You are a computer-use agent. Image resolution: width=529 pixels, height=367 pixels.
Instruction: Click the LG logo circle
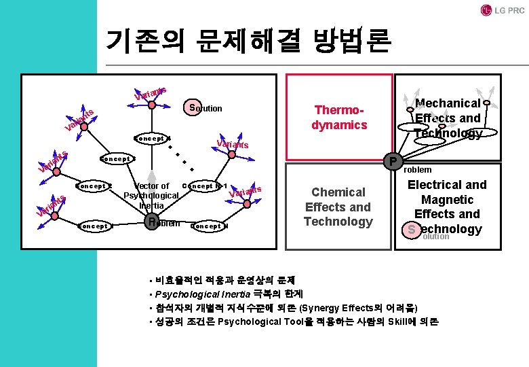tap(486, 10)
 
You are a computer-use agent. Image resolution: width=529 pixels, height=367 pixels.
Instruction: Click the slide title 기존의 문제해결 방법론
tap(248, 41)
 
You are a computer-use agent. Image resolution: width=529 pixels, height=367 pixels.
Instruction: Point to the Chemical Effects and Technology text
tap(338, 207)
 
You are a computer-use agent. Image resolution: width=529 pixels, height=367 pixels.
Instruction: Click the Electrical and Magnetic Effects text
tap(447, 199)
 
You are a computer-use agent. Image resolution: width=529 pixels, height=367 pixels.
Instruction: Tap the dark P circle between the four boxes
tap(392, 162)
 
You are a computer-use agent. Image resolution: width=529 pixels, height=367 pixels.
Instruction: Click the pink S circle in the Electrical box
tap(411, 231)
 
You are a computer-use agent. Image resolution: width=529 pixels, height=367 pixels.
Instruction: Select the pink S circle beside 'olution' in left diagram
tap(194, 107)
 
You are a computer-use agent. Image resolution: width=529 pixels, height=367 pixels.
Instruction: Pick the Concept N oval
tap(210, 226)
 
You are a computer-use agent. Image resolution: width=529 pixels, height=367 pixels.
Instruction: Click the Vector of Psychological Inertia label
tap(151, 196)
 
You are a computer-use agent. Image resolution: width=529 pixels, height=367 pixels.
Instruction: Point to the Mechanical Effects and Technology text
tap(447, 118)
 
